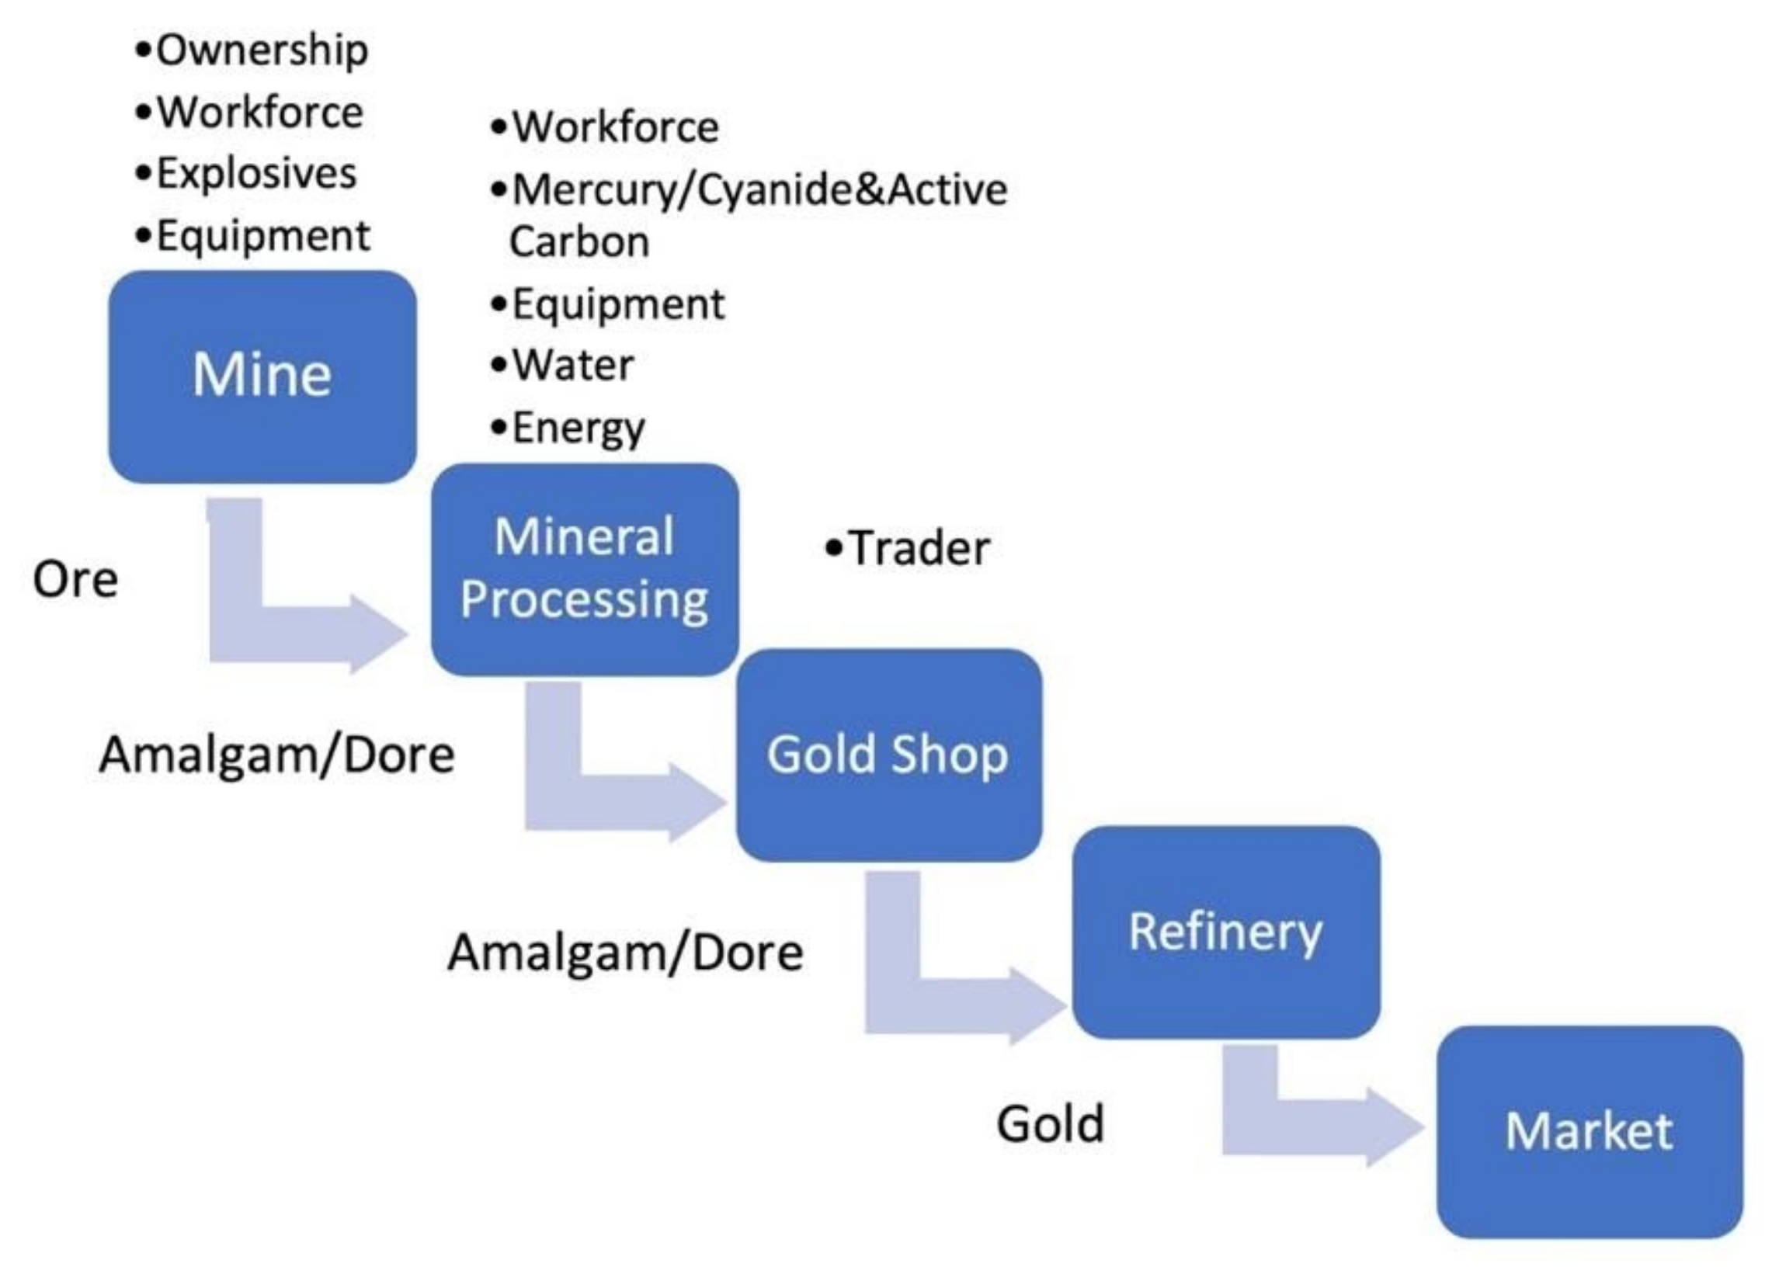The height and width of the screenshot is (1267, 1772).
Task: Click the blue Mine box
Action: point(262,376)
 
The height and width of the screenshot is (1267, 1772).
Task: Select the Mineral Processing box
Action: point(585,569)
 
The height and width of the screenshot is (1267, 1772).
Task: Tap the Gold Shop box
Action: point(888,755)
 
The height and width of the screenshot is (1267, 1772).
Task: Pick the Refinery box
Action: point(1225,932)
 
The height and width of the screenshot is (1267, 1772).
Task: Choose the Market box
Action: point(1590,1131)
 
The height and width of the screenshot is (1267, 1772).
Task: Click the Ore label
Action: point(75,580)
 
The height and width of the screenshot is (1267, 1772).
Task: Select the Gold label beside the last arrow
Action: point(1050,1123)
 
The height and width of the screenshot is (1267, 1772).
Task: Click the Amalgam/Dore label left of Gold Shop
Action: point(276,755)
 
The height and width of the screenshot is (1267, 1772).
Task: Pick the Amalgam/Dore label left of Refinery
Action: point(625,953)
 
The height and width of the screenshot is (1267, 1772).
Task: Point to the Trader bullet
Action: point(909,547)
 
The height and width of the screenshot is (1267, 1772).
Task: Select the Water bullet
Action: point(563,365)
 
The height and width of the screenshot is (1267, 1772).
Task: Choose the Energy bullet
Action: point(569,428)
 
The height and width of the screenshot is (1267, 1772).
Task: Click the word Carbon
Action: point(579,242)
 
